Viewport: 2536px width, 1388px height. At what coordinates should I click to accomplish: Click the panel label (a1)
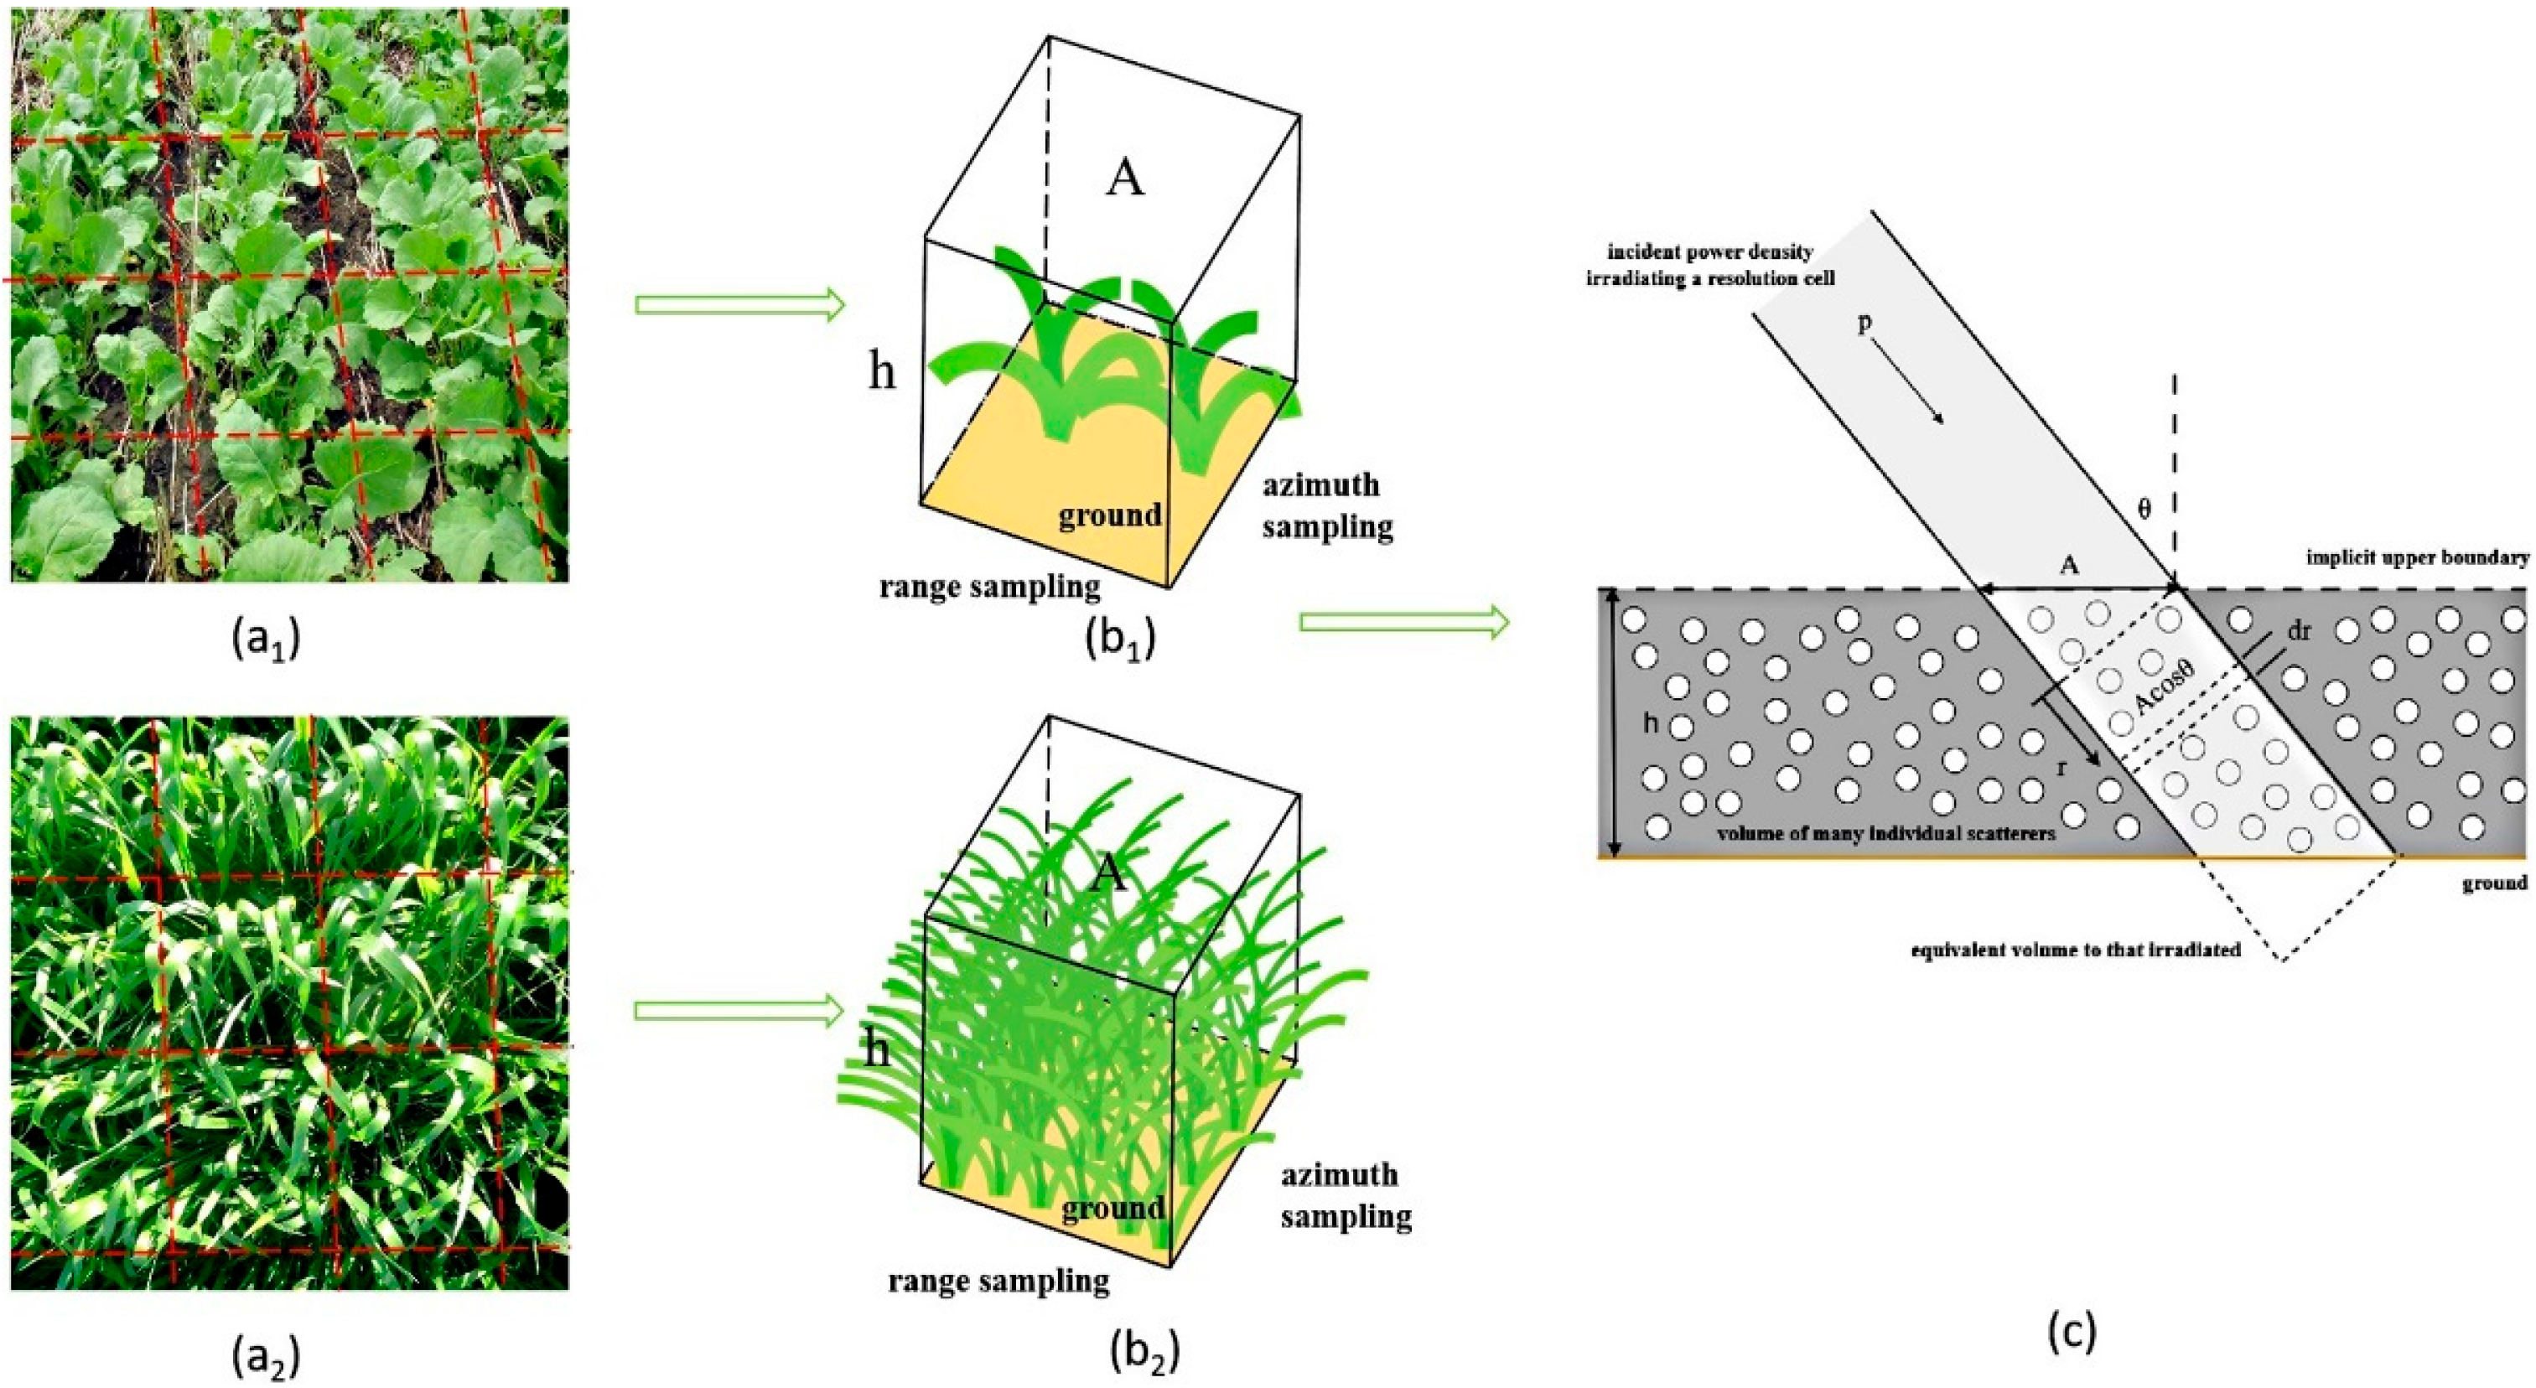(265, 641)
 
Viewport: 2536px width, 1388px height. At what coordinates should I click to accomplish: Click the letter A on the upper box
(1125, 179)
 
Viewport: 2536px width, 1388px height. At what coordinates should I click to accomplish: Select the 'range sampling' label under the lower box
(998, 1281)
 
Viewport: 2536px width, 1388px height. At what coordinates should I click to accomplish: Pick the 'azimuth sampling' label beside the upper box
(1327, 506)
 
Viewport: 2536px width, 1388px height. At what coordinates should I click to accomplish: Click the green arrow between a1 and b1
(739, 305)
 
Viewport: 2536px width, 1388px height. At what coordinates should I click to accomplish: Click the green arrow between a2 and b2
(739, 1010)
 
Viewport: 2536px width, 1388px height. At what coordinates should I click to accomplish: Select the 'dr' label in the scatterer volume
(2299, 632)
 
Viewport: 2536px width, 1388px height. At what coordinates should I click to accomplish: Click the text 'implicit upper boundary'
(2417, 558)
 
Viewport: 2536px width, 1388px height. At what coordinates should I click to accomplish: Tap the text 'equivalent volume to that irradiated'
(2075, 951)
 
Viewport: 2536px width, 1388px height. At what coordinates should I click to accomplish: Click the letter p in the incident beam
(1864, 323)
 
